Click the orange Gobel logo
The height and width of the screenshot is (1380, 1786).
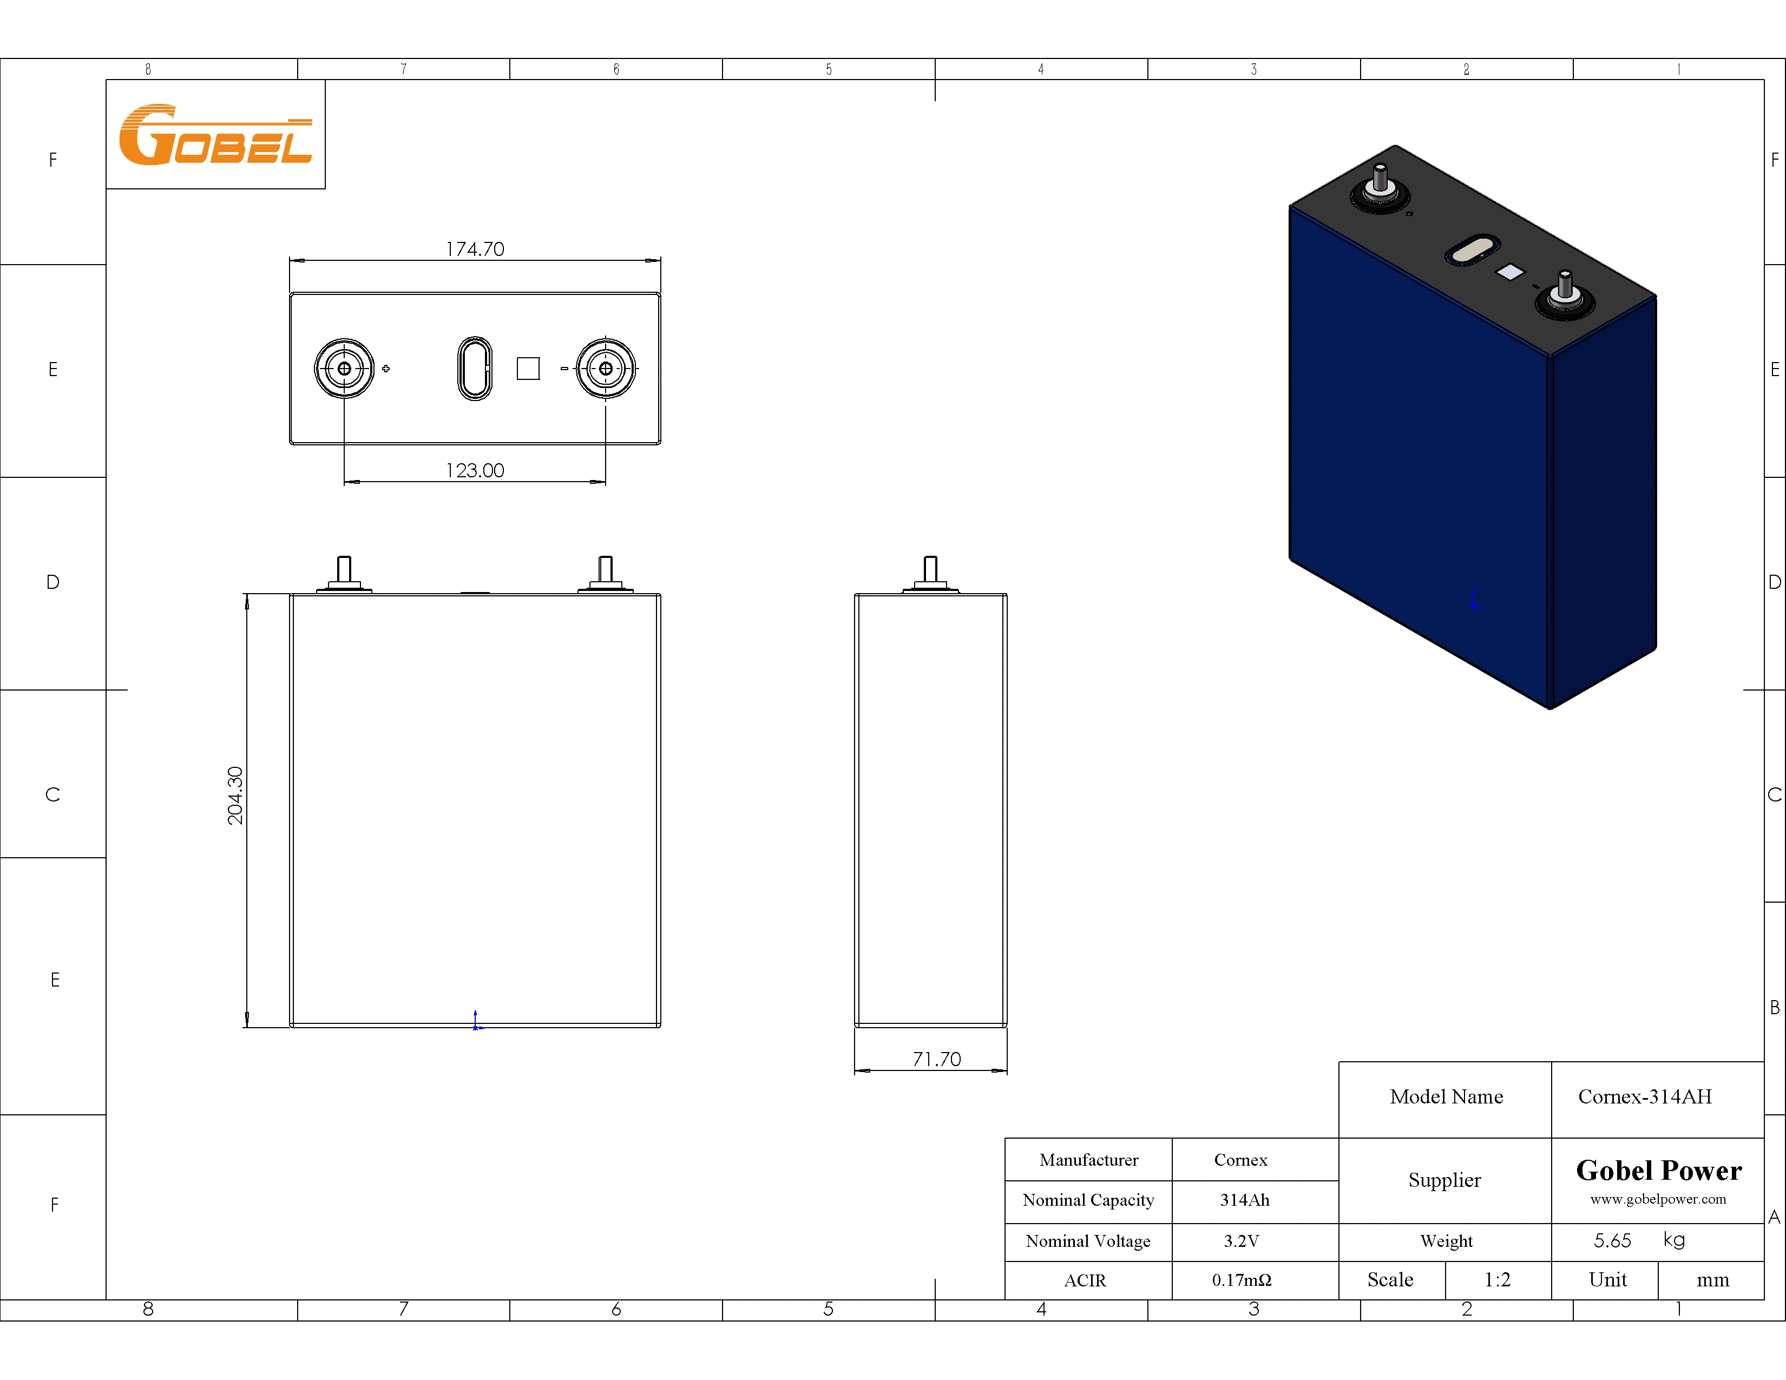(215, 135)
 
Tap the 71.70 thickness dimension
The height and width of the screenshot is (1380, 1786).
(936, 1059)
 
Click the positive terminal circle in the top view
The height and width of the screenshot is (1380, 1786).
(344, 369)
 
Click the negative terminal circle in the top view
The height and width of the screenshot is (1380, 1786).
(605, 369)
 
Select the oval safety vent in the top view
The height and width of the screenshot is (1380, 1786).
(474, 369)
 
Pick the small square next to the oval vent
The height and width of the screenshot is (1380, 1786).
(528, 369)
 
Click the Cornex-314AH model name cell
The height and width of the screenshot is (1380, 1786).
(1645, 1096)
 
